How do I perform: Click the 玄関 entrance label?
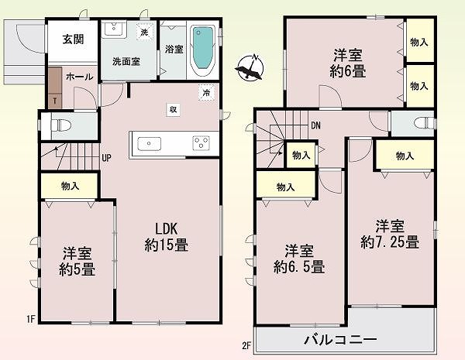73,39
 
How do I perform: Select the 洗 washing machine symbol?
144,32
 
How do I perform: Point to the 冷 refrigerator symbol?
207,93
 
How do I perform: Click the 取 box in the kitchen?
173,110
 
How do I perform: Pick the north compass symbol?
250,68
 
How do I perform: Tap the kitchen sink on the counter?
149,144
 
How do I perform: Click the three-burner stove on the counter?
201,142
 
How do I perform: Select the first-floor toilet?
61,125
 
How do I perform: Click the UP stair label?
106,158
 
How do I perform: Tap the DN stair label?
316,125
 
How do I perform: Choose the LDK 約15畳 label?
167,237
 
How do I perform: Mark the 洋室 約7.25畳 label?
390,234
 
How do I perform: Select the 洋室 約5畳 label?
77,262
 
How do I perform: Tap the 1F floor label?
31,319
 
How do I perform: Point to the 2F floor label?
246,346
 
